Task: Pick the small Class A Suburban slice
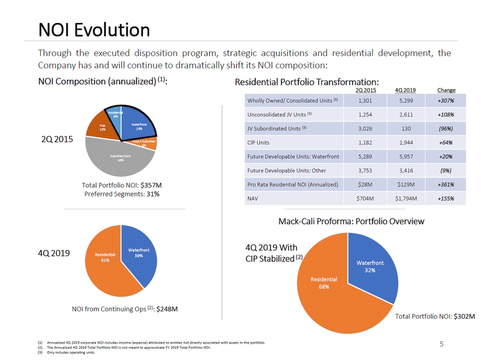[x=148, y=145]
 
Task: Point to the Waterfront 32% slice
[x=370, y=267]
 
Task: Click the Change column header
[x=446, y=91]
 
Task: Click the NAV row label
[x=253, y=199]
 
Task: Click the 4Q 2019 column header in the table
[x=406, y=91]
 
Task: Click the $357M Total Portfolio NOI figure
[x=151, y=185]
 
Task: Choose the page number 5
[x=441, y=343]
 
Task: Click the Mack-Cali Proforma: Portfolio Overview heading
[x=351, y=221]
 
